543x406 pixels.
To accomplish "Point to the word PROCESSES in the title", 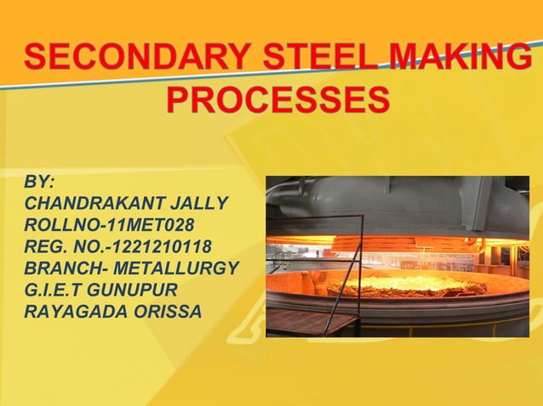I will coord(277,100).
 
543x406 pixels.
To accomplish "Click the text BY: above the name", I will coord(41,183).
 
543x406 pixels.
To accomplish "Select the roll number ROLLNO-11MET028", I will coord(110,225).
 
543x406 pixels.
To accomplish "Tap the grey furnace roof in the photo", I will coord(400,208).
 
